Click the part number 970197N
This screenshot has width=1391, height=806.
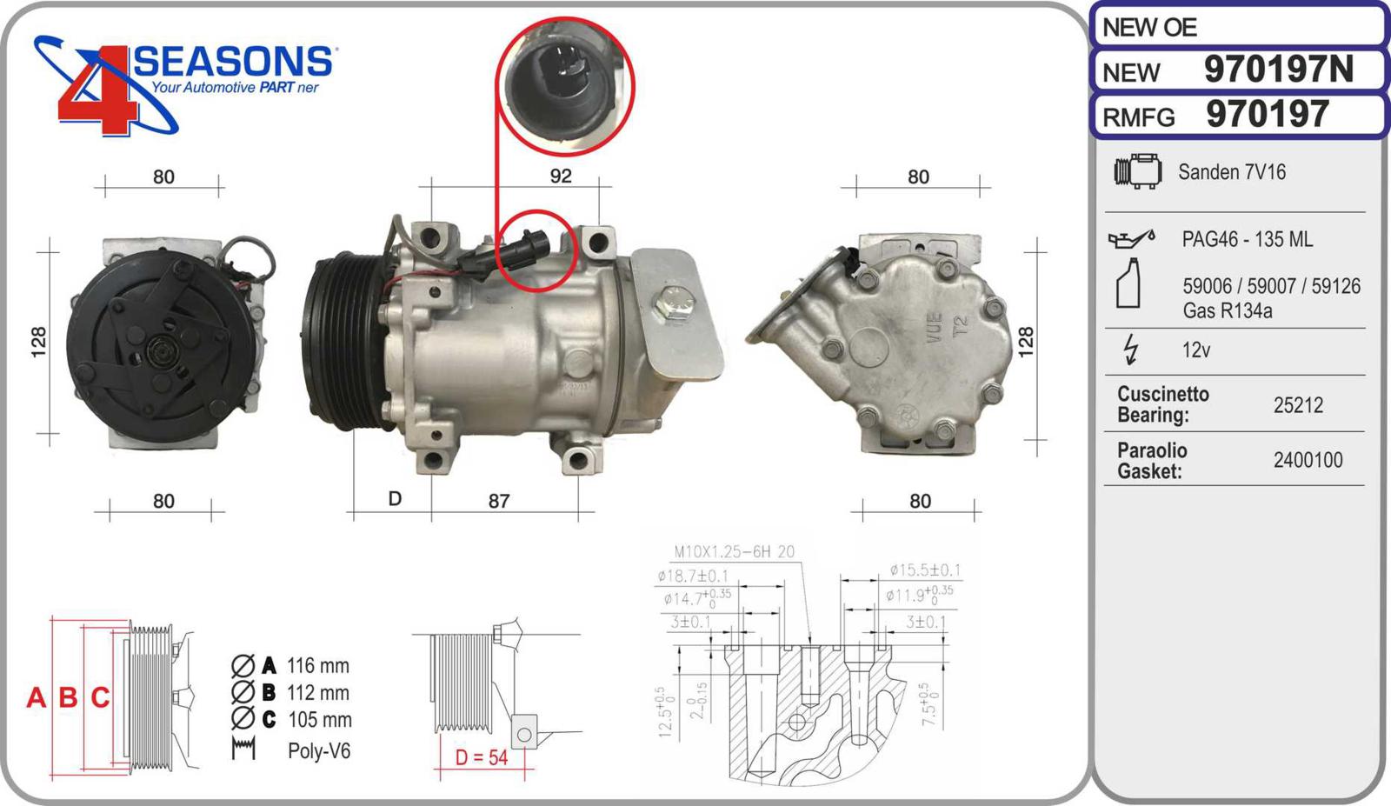point(1279,69)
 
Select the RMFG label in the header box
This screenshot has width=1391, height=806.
point(1138,117)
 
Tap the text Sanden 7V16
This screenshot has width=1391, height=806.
point(1232,172)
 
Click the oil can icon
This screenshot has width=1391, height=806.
point(1131,238)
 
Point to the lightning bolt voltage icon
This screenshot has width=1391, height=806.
point(1131,350)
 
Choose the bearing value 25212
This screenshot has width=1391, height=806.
point(1299,405)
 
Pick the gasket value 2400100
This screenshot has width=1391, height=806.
point(1308,460)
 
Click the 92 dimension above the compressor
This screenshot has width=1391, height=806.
point(561,176)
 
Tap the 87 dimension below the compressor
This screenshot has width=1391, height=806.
point(499,501)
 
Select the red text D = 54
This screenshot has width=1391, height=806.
point(482,757)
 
